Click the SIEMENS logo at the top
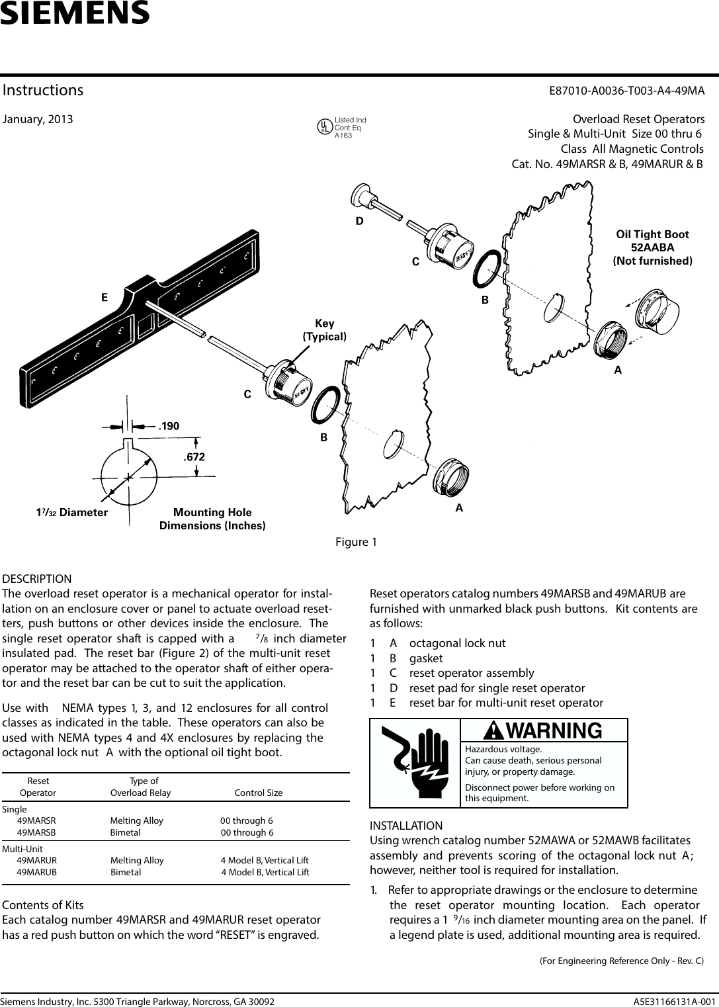[x=75, y=13]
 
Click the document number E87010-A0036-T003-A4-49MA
[x=626, y=91]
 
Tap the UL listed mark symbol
[x=325, y=127]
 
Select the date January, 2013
[x=38, y=120]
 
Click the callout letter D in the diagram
[x=360, y=222]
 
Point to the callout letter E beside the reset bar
[x=105, y=298]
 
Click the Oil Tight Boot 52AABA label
[x=652, y=247]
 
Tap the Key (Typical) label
[x=324, y=329]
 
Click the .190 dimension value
[x=169, y=426]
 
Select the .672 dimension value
[x=194, y=457]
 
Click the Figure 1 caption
[x=356, y=543]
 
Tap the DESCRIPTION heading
[x=37, y=579]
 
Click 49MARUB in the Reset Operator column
[x=36, y=872]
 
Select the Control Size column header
[x=259, y=793]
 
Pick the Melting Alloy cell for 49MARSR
[x=136, y=820]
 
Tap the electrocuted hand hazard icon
[x=415, y=763]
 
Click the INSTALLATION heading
[x=406, y=826]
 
